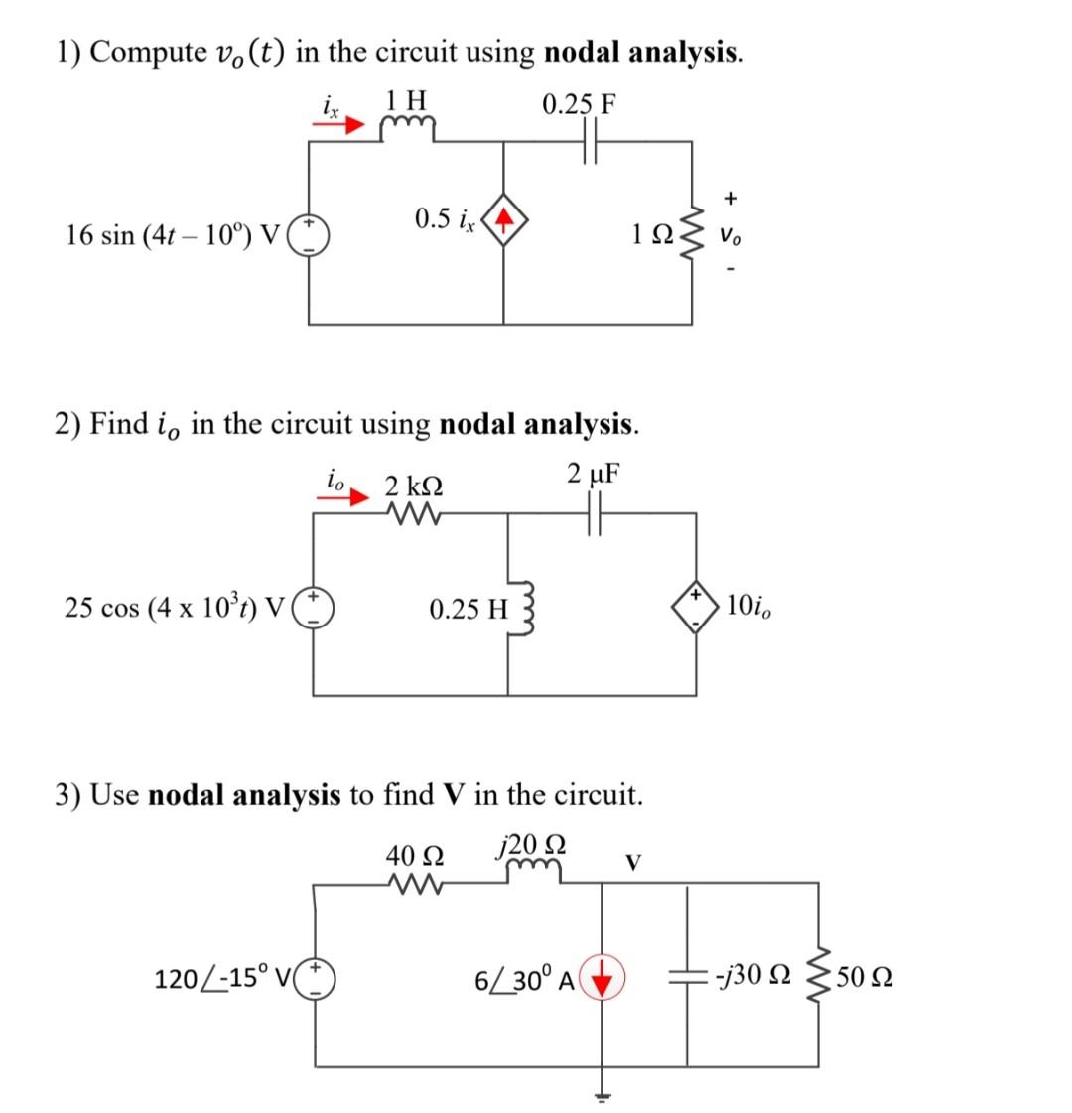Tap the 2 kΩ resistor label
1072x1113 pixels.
414,487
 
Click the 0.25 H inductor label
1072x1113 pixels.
468,608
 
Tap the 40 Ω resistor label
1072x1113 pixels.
414,854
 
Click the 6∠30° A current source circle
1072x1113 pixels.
603,979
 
